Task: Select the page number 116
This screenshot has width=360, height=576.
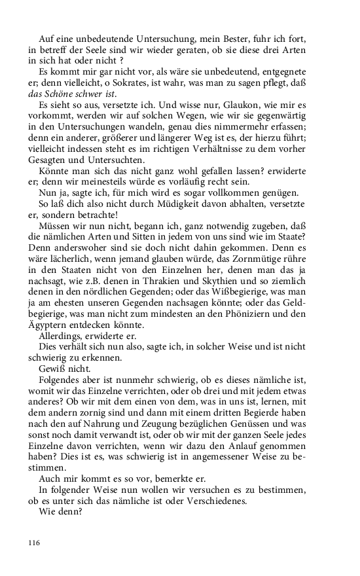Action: pyautogui.click(x=35, y=543)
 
